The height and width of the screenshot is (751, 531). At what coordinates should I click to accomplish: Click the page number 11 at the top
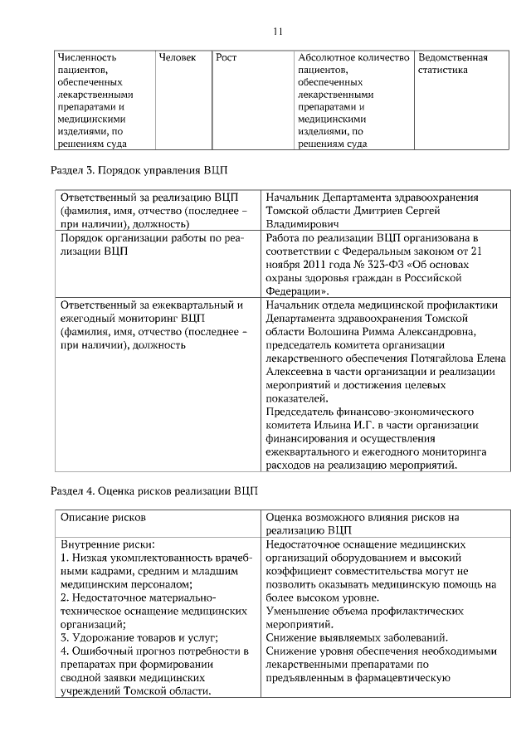pos(278,31)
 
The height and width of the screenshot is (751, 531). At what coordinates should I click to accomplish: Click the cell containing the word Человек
pos(178,58)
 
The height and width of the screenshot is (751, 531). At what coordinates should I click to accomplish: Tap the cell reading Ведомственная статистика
pos(453,64)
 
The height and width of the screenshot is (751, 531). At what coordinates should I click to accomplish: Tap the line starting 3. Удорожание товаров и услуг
pos(139,637)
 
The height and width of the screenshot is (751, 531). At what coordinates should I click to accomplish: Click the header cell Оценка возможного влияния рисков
pos(362,516)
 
